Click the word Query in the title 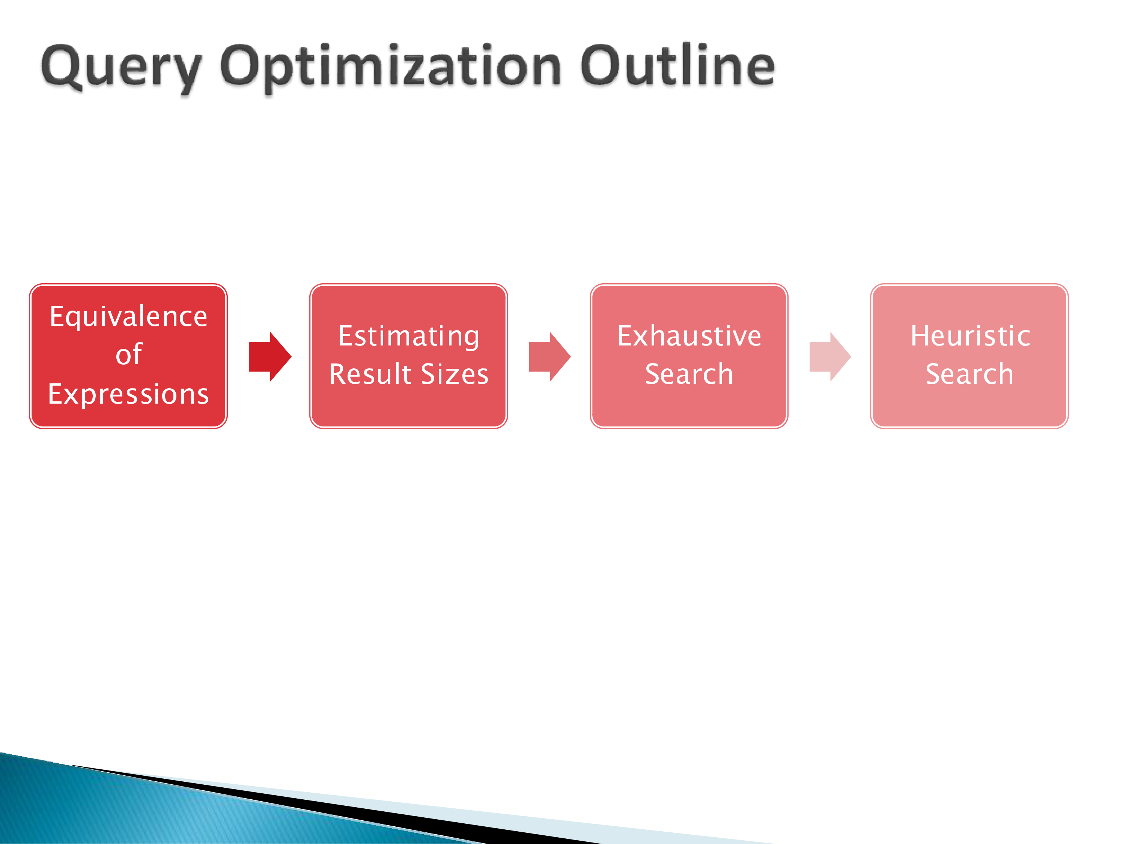click(x=121, y=69)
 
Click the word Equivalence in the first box click(x=129, y=317)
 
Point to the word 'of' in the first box click(x=129, y=354)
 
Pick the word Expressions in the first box click(x=129, y=394)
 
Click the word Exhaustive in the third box click(x=689, y=336)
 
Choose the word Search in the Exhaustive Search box click(x=689, y=374)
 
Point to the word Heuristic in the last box click(x=970, y=336)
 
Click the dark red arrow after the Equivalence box click(x=270, y=357)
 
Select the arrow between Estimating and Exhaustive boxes click(x=550, y=357)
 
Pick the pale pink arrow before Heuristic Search click(x=830, y=357)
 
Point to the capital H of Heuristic click(x=920, y=336)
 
